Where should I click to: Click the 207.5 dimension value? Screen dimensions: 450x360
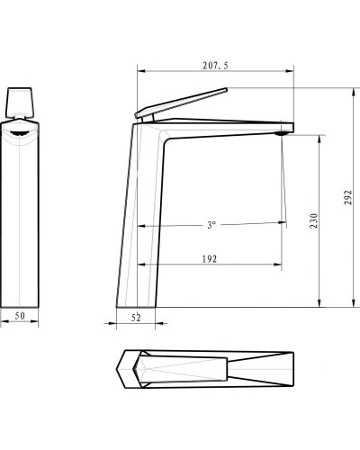215,65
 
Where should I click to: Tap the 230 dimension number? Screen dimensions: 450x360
314,220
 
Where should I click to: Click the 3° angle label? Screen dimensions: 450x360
211,224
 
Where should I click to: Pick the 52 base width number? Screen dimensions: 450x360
137,317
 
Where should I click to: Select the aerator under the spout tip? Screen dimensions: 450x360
283,134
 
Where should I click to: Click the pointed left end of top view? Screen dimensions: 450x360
121,369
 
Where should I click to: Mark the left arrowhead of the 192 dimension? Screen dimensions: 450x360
139,264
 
